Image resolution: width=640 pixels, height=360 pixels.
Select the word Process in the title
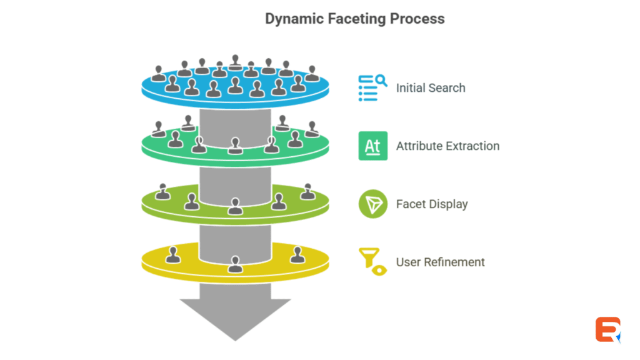[x=417, y=19]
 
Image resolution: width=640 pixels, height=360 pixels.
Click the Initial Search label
[x=431, y=88]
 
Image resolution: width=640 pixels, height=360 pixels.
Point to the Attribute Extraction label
[x=447, y=146]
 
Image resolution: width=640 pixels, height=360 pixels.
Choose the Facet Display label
[x=432, y=204]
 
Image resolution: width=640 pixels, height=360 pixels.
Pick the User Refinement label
[x=440, y=262]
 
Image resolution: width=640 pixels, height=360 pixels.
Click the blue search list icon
[x=372, y=88]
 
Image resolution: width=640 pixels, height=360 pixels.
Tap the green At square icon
[x=372, y=146]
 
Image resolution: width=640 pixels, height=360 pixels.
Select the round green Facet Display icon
[x=372, y=204]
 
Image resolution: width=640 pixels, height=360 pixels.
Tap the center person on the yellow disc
[x=235, y=264]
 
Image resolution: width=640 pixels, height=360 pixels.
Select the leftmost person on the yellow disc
[x=173, y=255]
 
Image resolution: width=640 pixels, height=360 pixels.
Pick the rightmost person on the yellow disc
[x=297, y=255]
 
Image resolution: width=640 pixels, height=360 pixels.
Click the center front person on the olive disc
[x=235, y=206]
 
